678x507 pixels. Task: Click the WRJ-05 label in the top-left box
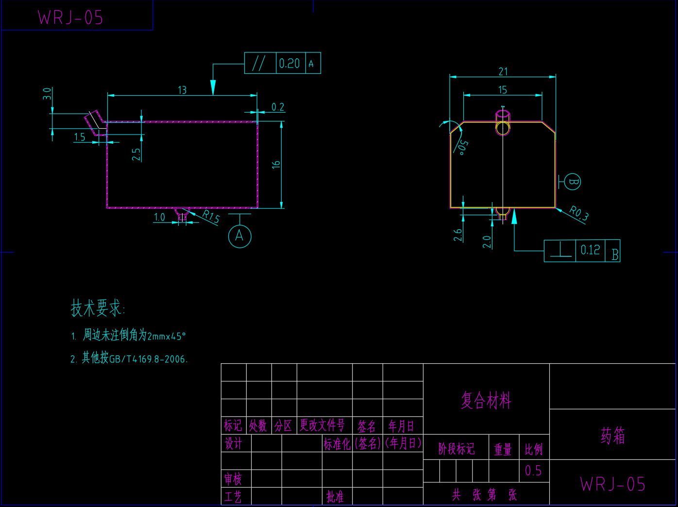(x=70, y=18)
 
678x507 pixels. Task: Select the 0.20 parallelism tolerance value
(x=289, y=64)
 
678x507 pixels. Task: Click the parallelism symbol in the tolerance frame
(x=259, y=63)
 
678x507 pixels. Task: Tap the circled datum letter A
(x=239, y=236)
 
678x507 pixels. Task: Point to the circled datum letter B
(x=573, y=182)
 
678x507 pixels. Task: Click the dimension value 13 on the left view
(x=182, y=90)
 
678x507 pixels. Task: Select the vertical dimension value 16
(x=276, y=165)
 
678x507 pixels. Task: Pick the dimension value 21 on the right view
(x=503, y=72)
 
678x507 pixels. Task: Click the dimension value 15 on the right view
(x=503, y=90)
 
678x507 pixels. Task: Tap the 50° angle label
(x=463, y=147)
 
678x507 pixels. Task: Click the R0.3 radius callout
(x=578, y=213)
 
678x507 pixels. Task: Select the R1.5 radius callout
(x=211, y=217)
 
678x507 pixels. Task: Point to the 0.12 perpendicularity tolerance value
(x=590, y=250)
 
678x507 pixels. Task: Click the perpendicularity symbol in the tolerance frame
(x=560, y=251)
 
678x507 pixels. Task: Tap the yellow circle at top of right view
(x=503, y=128)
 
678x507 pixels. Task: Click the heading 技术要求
(x=98, y=308)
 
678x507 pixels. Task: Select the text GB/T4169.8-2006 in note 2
(x=148, y=359)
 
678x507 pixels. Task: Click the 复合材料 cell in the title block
(x=486, y=401)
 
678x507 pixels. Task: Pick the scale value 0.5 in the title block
(x=533, y=471)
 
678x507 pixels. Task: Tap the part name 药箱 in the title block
(x=612, y=436)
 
